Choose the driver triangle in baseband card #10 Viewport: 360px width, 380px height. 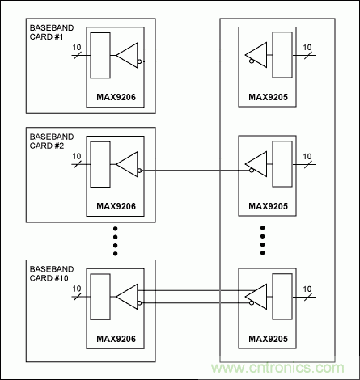click(128, 293)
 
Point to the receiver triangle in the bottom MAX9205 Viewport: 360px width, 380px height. click(256, 293)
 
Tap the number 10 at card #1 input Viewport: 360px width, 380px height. click(77, 49)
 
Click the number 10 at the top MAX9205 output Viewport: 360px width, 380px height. click(307, 49)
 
